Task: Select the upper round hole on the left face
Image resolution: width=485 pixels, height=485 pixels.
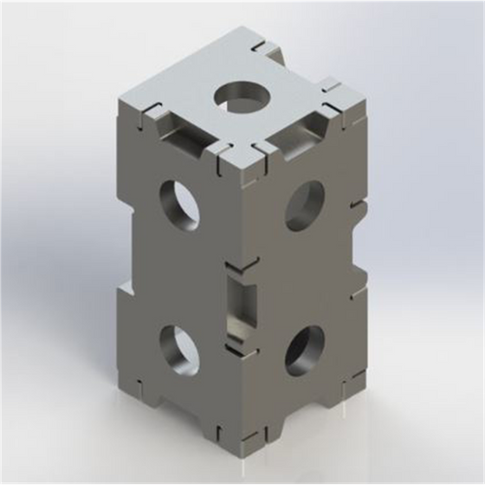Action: [179, 204]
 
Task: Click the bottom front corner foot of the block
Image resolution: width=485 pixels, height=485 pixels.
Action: [242, 448]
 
